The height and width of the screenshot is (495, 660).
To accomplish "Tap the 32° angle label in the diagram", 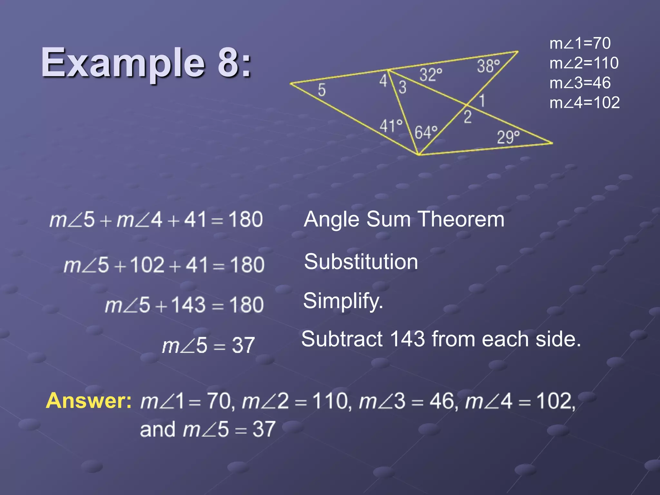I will coord(431,75).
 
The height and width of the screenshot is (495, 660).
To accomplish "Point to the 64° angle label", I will coord(426,132).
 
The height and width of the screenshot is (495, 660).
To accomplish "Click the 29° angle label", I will coord(508,137).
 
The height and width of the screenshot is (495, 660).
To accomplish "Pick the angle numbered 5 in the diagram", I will coord(322,90).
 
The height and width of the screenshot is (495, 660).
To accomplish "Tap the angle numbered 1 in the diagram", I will coord(482,101).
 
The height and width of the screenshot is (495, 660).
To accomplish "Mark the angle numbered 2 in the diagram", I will coord(468,117).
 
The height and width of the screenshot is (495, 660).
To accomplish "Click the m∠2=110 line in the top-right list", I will coord(584,63).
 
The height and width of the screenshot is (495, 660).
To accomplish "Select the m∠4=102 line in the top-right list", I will coord(584,102).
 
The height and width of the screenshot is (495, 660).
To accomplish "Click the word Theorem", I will coord(461,219).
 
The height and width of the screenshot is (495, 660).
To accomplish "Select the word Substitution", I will coord(361,261).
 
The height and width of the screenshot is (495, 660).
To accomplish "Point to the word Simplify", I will coord(343,301).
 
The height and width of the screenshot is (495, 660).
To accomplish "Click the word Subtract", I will coord(342,339).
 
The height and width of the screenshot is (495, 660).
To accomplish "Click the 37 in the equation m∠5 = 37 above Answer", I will coord(243,345).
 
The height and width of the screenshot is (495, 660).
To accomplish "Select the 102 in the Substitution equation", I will coord(147,265).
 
